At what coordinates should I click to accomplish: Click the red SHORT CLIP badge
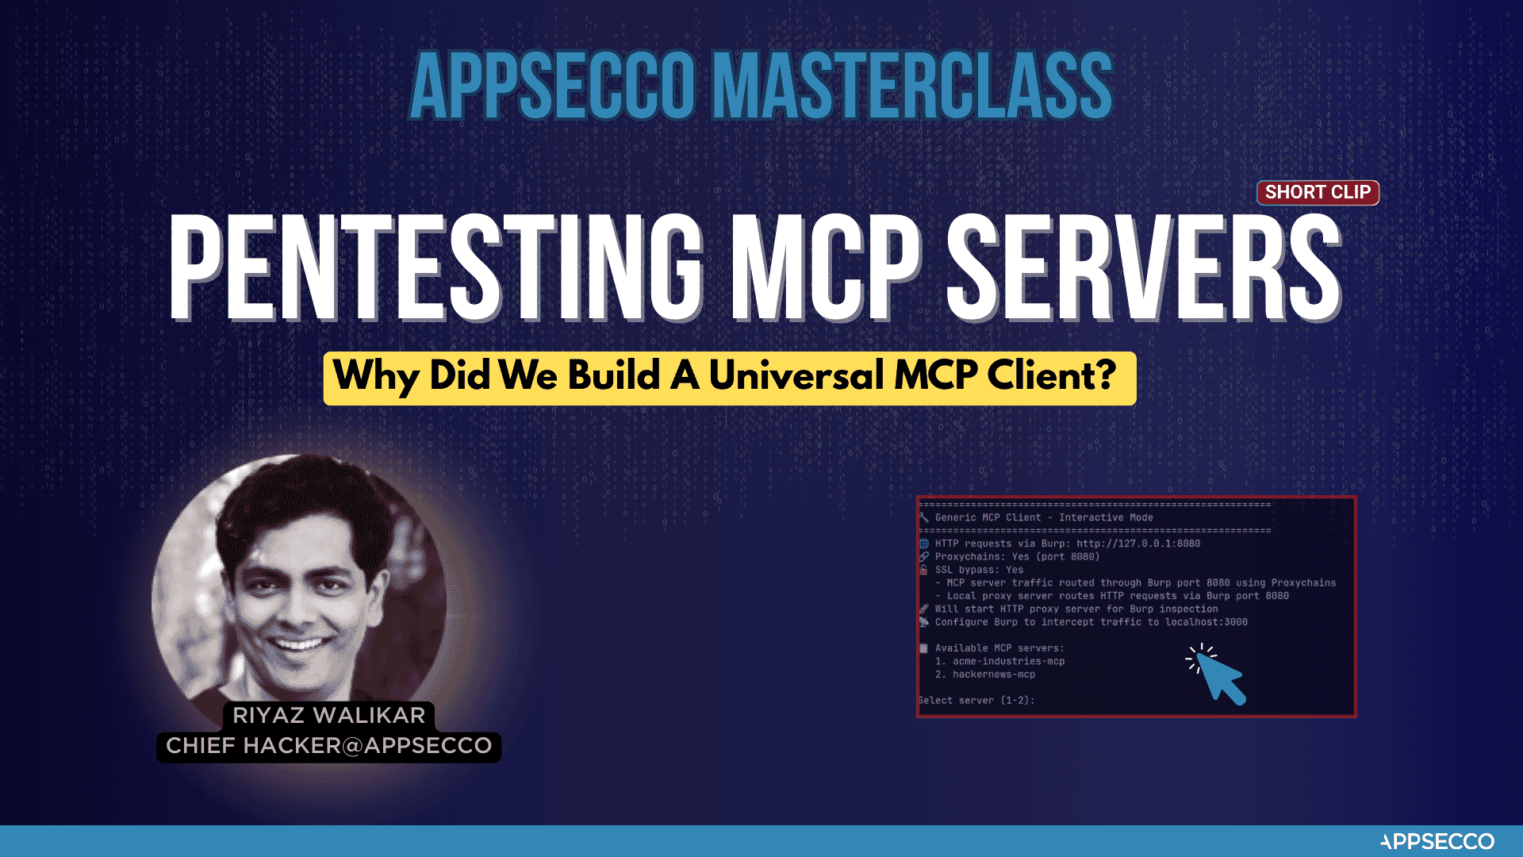pos(1318,192)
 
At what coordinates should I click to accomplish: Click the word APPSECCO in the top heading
pos(553,86)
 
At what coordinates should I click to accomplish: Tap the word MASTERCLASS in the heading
pos(913,86)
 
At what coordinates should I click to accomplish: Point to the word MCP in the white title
pos(825,267)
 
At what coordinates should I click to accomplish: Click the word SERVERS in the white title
pos(1144,267)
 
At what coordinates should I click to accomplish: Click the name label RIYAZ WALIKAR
pos(328,715)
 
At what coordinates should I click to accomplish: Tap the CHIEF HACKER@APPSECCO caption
pos(328,746)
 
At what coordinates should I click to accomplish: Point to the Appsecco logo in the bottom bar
pos(1437,841)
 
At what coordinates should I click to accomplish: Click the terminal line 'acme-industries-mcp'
pos(999,661)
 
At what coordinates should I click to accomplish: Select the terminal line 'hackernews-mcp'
pos(985,674)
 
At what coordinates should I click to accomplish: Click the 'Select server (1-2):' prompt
pos(976,701)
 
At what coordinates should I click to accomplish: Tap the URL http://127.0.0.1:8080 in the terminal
pos(1138,544)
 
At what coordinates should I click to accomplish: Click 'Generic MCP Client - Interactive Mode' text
pos(1044,517)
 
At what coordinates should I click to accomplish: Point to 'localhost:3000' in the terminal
pos(1207,622)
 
